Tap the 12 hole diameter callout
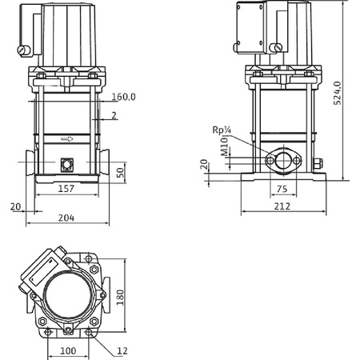[x=122, y=350]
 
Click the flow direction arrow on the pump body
[x=68, y=137]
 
